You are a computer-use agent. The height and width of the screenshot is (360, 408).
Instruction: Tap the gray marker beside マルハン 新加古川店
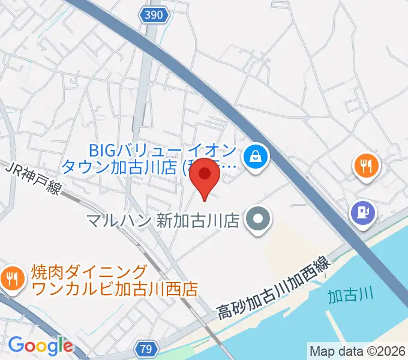pyautogui.click(x=258, y=220)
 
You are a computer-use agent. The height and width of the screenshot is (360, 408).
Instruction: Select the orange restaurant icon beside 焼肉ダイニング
pyautogui.click(x=11, y=277)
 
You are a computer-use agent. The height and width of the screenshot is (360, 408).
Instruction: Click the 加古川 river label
pyautogui.click(x=351, y=295)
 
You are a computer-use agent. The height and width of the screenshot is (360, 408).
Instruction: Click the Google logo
pyautogui.click(x=40, y=346)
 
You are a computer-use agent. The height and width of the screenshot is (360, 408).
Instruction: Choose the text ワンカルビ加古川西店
pyautogui.click(x=115, y=289)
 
